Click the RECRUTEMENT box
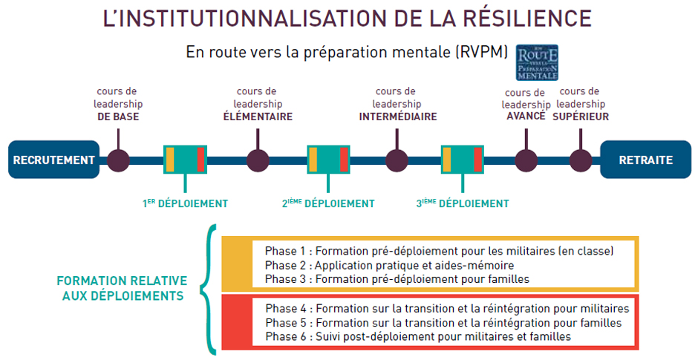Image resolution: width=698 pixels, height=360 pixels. click(53, 160)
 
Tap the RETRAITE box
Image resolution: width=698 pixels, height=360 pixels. click(645, 160)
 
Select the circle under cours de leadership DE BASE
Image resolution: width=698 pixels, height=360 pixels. click(118, 160)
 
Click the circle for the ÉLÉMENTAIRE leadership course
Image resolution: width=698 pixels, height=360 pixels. click(258, 160)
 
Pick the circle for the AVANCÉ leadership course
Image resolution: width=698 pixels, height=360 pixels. click(526, 160)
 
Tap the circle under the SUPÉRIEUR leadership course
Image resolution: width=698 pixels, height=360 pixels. click(581, 160)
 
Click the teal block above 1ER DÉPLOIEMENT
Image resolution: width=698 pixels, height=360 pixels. click(185, 160)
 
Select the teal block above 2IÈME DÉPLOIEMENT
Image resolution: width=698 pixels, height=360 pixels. click(328, 160)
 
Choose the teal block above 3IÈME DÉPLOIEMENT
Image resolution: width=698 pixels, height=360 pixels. click(462, 160)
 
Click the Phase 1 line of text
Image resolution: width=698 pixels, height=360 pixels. click(439, 251)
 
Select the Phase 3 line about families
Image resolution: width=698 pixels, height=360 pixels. click(397, 278)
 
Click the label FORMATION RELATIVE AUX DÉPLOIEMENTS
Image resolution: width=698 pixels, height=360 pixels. click(122, 289)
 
